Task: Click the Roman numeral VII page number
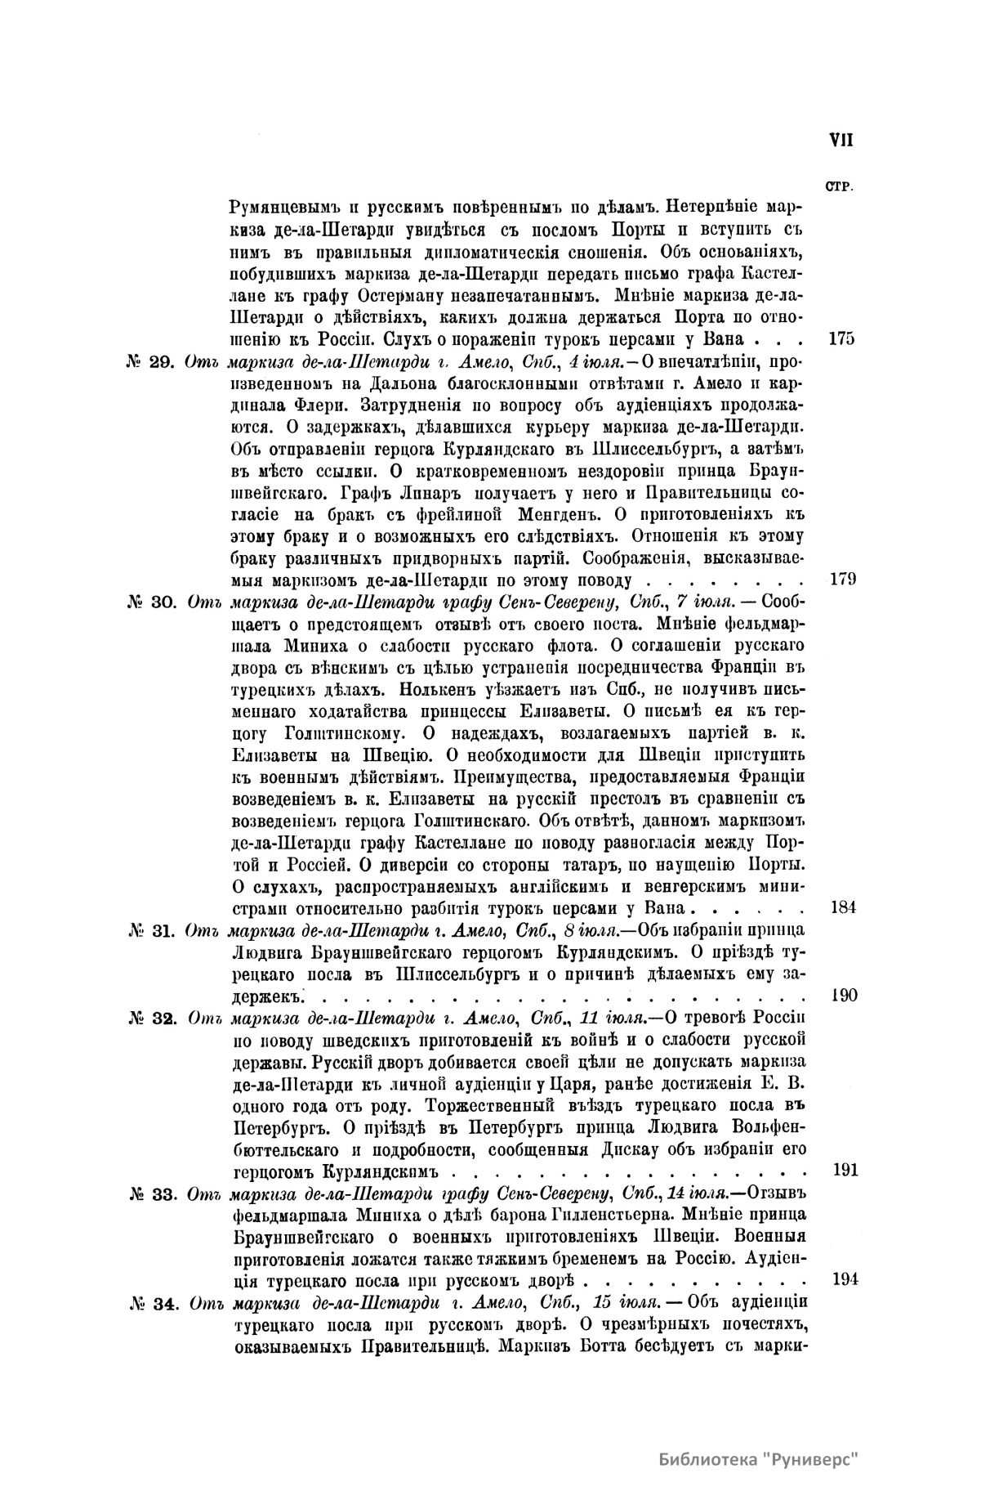(841, 140)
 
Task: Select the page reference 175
(841, 338)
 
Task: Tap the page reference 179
(841, 580)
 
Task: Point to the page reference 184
(842, 907)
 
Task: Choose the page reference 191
(843, 1170)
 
